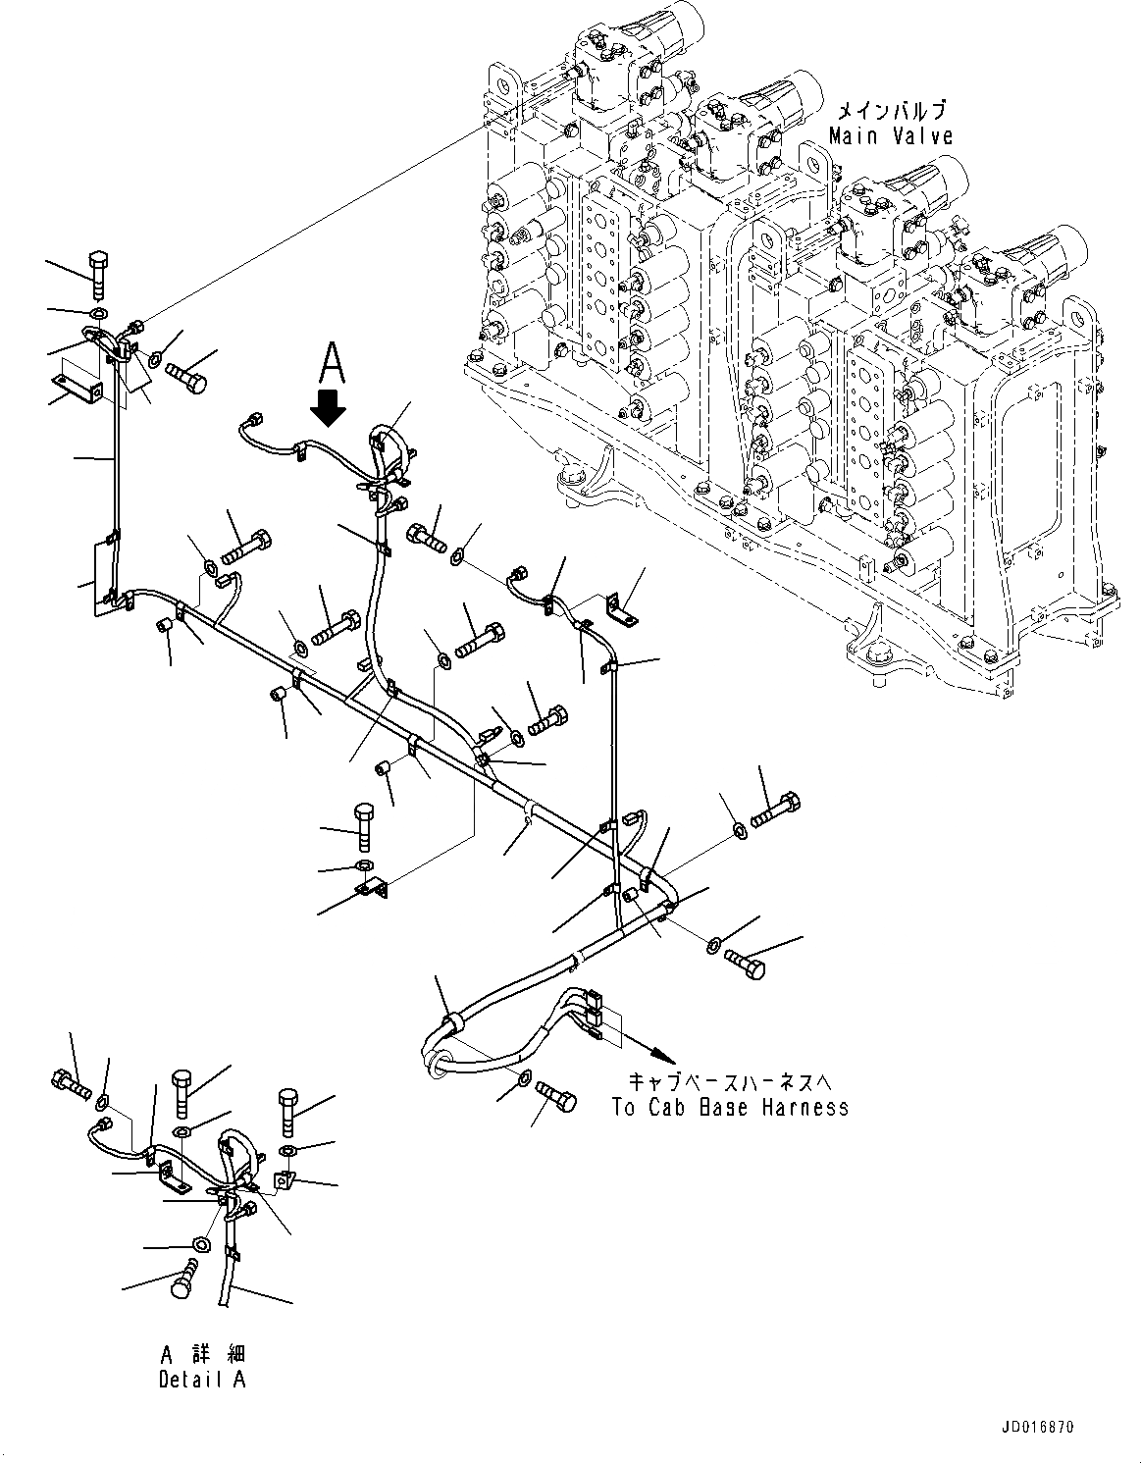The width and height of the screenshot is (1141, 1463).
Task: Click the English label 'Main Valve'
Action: [890, 136]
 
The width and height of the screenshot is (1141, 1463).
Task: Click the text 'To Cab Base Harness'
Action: [730, 1108]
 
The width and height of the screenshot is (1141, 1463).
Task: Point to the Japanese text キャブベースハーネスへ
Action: [730, 1082]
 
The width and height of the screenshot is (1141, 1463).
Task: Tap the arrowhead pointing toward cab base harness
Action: [664, 1057]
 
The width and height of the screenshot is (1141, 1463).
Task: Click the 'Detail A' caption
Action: [203, 1379]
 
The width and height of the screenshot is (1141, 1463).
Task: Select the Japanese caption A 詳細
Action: [203, 1354]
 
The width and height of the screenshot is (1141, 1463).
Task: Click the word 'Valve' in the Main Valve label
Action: [919, 136]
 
